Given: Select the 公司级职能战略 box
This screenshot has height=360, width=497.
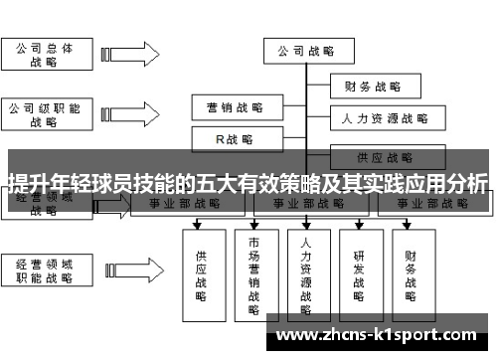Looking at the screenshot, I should coord(45,113).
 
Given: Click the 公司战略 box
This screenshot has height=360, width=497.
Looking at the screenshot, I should coord(305,51).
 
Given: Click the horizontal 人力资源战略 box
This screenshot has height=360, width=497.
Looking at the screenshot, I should coord(386,118).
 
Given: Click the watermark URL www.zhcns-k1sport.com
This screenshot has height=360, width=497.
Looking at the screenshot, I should coord(378,330).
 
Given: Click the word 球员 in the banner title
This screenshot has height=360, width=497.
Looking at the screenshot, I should coord(109,182).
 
